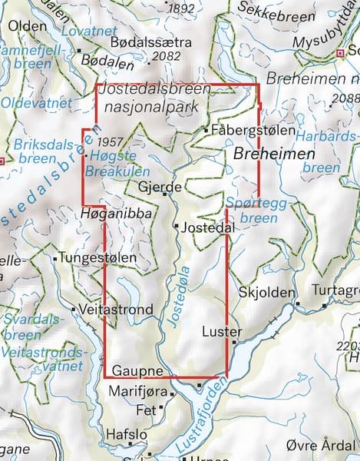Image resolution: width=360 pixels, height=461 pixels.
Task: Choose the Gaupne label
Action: pyautogui.click(x=137, y=372)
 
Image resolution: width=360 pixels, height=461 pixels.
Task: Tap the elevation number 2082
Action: pyautogui.click(x=167, y=57)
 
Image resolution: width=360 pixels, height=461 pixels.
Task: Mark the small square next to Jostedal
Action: pyautogui.click(x=176, y=227)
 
